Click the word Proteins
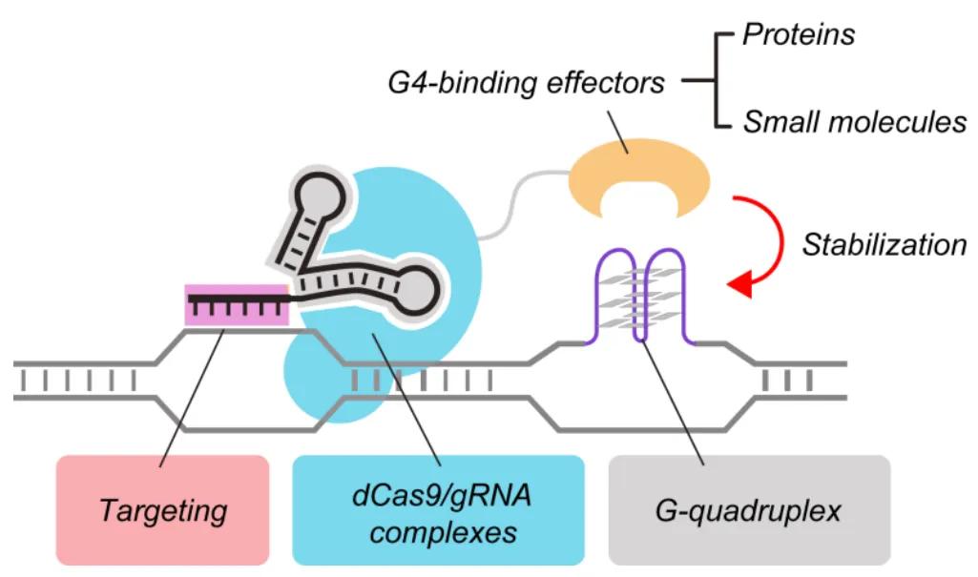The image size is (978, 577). click(799, 34)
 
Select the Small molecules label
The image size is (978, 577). click(854, 122)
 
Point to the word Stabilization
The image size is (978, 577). click(884, 245)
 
